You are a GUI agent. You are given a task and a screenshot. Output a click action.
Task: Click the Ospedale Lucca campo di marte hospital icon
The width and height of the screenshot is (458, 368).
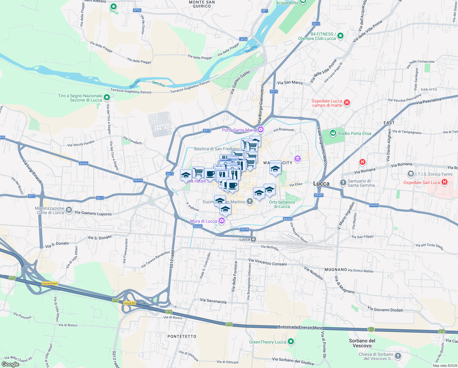(x=347, y=102)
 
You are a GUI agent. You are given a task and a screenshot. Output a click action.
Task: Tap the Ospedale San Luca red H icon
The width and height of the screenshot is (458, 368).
(x=445, y=182)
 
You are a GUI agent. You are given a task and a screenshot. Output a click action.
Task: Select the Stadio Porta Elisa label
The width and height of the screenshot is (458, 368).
(x=354, y=133)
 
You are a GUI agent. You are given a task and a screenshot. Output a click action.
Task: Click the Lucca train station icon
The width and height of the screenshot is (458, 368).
(x=253, y=239)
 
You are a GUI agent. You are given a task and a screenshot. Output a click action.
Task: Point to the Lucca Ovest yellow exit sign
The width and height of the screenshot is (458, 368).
(x=50, y=283)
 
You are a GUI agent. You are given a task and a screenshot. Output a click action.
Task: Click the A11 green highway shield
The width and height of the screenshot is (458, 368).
(x=371, y=329)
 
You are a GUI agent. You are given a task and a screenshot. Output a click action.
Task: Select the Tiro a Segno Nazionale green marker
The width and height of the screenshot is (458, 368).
(x=107, y=98)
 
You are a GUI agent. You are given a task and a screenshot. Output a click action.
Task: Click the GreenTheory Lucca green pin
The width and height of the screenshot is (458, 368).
(x=291, y=341)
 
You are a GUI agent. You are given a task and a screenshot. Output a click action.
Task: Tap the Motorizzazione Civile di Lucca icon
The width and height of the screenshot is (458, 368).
(x=69, y=210)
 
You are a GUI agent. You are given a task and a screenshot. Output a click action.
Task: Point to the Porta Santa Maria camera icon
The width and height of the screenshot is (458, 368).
(x=260, y=129)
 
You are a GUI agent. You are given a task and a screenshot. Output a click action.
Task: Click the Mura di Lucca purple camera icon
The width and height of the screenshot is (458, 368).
(x=222, y=220)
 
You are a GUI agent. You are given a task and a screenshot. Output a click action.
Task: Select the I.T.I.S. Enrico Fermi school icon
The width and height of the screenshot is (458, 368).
(x=411, y=174)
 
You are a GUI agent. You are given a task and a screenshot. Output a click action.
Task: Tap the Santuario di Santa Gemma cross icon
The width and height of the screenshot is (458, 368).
(x=343, y=182)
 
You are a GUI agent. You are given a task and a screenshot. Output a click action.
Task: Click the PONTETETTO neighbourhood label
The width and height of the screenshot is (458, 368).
(x=182, y=336)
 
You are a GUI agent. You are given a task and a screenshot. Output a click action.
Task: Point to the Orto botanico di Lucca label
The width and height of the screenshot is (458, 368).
(x=282, y=204)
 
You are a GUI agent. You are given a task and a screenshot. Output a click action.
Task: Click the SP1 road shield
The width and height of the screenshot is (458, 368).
(x=265, y=11)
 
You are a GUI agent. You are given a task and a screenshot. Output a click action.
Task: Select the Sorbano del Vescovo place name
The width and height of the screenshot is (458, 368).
(x=362, y=343)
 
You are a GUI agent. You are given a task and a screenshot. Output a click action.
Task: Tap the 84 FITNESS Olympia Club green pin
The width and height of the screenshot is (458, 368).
(x=340, y=36)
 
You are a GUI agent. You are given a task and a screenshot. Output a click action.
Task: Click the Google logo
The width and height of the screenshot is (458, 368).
(x=10, y=364)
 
